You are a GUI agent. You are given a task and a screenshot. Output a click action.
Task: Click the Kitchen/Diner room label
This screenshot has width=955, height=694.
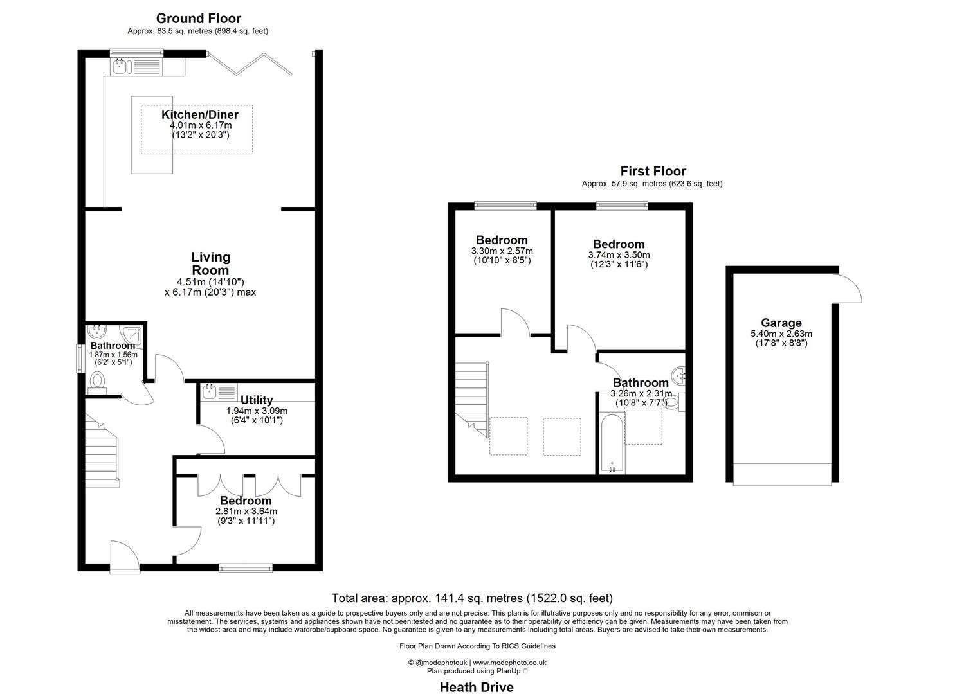click(x=199, y=115)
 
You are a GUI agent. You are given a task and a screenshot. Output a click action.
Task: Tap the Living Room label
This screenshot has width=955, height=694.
click(x=210, y=263)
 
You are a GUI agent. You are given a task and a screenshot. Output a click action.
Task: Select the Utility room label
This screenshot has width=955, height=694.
click(x=256, y=400)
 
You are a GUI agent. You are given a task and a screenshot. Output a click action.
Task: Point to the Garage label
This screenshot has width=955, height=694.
click(x=781, y=323)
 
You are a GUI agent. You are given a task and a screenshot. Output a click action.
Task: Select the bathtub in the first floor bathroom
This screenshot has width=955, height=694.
click(x=611, y=443)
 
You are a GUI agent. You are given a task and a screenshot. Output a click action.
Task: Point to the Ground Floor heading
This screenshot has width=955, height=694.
click(x=198, y=18)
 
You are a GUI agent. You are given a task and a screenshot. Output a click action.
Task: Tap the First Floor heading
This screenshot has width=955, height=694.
click(x=652, y=171)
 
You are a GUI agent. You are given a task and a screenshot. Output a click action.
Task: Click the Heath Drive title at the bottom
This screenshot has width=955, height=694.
click(x=476, y=687)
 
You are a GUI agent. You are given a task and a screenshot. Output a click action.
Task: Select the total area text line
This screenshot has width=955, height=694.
click(x=471, y=598)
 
